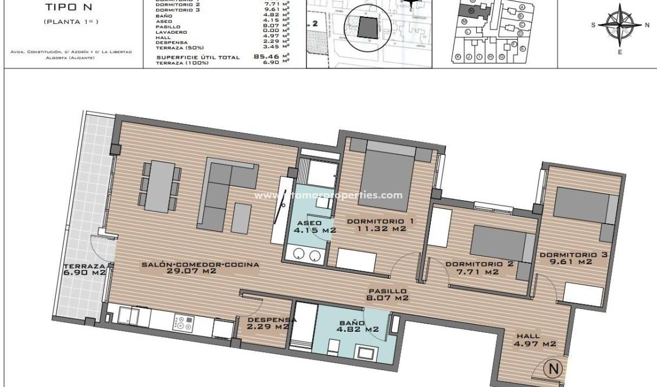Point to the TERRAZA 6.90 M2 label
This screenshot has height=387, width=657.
pos(84,268)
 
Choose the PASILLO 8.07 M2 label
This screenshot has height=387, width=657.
pos(386,294)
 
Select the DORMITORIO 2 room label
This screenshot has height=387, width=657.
pos(479,268)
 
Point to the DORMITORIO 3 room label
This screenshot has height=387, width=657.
pos(565,258)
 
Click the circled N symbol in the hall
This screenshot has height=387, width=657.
pos(554,368)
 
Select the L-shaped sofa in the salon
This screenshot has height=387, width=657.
pos(224,192)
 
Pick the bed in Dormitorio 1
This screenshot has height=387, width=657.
pos(390,175)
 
